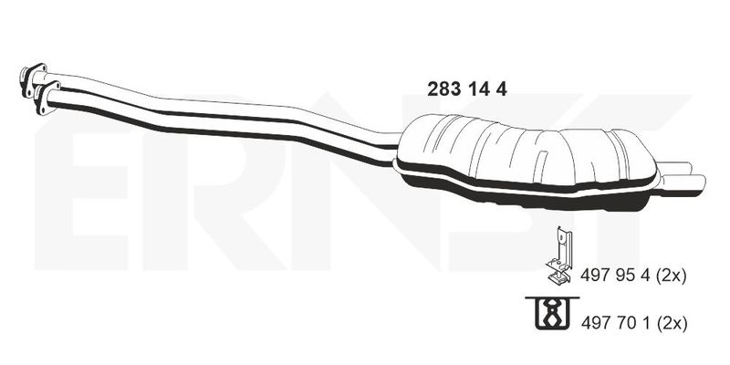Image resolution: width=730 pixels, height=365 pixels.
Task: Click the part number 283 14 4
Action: [467, 89]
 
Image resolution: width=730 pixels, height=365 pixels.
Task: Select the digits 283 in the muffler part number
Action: [443, 89]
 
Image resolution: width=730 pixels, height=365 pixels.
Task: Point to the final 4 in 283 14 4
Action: [501, 89]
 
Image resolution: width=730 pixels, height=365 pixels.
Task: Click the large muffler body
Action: [526, 161]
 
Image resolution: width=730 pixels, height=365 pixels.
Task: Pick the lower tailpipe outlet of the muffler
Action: [682, 183]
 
